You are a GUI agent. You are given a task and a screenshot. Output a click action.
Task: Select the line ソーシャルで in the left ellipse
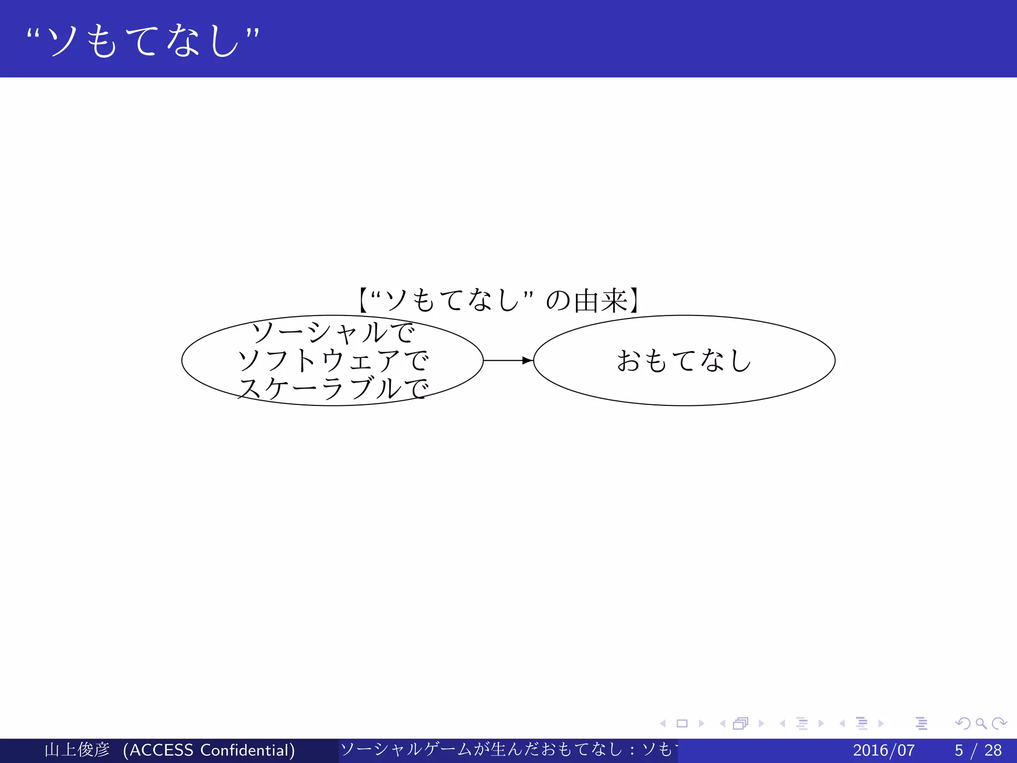click(333, 332)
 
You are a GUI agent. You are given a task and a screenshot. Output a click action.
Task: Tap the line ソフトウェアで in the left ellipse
click(333, 360)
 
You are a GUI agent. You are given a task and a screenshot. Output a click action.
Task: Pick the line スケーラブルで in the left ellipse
click(333, 388)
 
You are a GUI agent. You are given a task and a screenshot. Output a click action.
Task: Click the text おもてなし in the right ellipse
click(684, 361)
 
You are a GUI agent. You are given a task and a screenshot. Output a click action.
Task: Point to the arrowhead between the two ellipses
click(527, 361)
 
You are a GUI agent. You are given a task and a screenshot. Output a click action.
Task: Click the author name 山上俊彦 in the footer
click(77, 750)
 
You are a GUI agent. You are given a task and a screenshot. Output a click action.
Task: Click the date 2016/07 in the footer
click(883, 750)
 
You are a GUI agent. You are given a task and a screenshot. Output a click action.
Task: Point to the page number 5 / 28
click(978, 750)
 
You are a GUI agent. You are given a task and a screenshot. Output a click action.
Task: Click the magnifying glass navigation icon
click(981, 723)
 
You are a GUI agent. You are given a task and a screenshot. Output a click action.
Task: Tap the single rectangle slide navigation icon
click(682, 723)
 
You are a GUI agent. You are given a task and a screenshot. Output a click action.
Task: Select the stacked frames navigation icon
click(740, 723)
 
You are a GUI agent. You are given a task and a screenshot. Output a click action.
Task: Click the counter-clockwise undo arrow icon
click(963, 723)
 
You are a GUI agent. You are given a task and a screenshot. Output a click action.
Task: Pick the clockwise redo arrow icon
click(999, 723)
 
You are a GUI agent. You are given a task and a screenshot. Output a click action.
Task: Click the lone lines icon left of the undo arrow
click(922, 723)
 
